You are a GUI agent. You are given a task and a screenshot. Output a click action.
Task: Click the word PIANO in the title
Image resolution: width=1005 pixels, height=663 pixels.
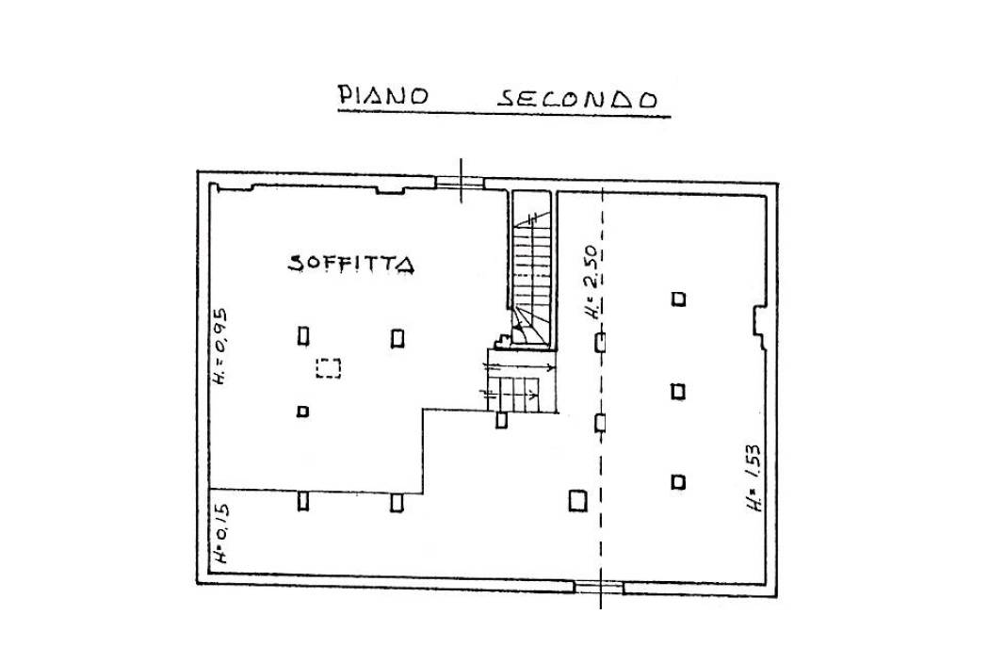[383, 95]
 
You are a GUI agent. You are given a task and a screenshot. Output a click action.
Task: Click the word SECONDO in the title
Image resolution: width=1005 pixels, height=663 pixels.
[577, 99]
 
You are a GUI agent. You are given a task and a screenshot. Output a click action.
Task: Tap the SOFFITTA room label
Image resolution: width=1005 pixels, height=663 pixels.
[350, 263]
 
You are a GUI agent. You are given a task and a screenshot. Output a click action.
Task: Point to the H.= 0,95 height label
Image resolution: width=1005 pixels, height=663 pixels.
[219, 347]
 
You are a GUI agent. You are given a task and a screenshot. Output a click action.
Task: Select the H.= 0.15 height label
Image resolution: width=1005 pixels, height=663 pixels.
[220, 533]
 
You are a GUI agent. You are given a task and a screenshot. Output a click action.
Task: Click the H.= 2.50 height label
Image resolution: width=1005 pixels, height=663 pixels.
[591, 283]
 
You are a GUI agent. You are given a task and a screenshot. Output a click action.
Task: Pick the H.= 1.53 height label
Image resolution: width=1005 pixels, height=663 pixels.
[754, 477]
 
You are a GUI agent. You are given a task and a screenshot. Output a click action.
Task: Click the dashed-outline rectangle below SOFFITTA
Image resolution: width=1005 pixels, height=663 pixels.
[328, 368]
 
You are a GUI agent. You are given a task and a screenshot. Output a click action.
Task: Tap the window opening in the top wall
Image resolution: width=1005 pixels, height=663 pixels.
[461, 183]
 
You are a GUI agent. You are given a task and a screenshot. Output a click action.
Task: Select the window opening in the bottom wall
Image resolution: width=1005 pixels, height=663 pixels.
[599, 587]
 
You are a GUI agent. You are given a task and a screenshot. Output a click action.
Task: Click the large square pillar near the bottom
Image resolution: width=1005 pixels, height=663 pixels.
[577, 500]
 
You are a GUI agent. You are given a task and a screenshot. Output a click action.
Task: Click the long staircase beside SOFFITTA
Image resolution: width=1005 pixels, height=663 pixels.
[531, 269]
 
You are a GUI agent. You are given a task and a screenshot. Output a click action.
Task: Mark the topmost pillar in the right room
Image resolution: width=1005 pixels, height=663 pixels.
[678, 299]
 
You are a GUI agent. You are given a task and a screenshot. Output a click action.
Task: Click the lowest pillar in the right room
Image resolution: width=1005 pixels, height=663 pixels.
[678, 482]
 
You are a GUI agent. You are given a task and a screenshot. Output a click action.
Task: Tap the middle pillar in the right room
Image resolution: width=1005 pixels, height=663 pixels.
[678, 391]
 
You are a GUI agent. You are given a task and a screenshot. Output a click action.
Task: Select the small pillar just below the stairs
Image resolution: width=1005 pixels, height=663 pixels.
[501, 420]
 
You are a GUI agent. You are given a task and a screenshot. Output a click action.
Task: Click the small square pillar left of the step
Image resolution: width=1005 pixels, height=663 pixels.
[302, 412]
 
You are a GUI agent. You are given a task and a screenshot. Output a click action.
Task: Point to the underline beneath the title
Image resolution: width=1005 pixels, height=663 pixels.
[505, 114]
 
